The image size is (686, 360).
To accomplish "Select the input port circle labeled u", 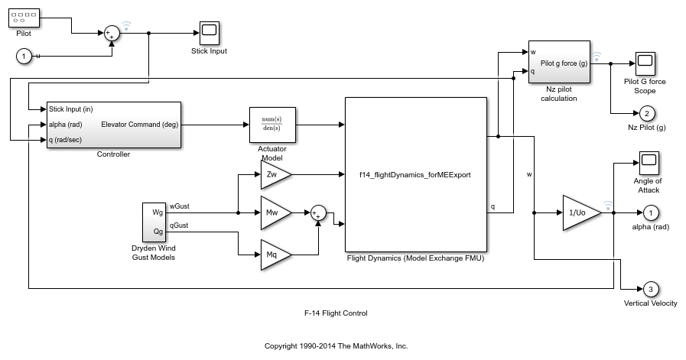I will [x=24, y=56].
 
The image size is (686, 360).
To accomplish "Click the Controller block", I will [x=113, y=125].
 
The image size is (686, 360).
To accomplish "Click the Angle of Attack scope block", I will [x=649, y=162].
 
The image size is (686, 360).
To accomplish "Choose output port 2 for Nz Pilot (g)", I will [x=646, y=113].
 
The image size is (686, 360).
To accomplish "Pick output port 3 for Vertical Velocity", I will [x=649, y=289].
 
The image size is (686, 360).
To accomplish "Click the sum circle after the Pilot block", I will [x=112, y=33].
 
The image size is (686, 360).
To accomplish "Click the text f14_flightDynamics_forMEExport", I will [x=415, y=174].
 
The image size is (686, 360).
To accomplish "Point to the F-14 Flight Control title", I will [x=335, y=313].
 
